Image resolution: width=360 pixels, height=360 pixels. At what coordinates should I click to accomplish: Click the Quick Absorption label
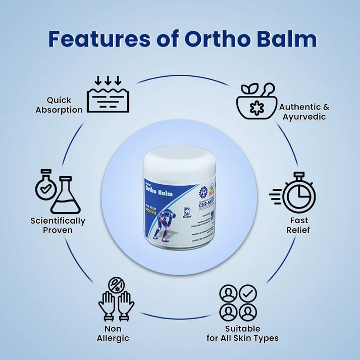59,105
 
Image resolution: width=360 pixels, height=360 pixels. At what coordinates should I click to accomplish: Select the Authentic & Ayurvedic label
304,112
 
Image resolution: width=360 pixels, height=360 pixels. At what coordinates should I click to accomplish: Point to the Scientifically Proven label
58,226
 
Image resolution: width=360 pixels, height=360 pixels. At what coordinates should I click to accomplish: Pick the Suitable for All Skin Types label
242,333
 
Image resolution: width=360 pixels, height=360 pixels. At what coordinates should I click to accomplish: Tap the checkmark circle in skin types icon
248,293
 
